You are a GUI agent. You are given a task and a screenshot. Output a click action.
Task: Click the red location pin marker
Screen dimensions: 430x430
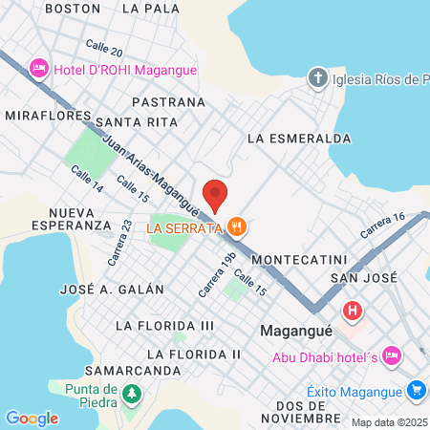point(216,194)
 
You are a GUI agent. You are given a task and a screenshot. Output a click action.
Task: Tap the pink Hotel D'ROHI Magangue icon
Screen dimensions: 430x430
point(39,68)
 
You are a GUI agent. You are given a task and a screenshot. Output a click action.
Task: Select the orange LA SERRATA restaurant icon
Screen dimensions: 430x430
point(237,226)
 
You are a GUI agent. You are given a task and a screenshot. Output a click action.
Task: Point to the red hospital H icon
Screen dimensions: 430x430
point(353,311)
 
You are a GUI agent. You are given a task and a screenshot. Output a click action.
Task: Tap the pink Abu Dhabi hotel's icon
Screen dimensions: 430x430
point(390,356)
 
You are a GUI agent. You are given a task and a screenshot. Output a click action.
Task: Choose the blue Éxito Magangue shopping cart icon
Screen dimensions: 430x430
point(416,390)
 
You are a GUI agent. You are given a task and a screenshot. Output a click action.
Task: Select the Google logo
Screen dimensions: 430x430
point(32,418)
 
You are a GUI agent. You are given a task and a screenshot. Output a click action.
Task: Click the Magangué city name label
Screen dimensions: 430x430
point(296,331)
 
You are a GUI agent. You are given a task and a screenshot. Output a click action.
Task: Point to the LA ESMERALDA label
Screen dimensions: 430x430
point(299,138)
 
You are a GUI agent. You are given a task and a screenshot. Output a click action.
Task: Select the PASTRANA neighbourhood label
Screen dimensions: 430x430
point(169,100)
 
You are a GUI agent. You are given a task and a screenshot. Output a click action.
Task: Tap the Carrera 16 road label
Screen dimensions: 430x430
point(383,226)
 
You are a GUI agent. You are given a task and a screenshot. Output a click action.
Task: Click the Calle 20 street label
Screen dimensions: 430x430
point(104,48)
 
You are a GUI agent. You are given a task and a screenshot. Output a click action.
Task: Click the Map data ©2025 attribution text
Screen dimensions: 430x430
point(389,422)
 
